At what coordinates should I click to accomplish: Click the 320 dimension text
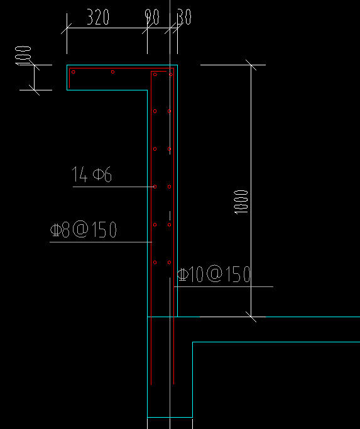click(x=98, y=17)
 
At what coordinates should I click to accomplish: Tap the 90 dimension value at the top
click(x=152, y=17)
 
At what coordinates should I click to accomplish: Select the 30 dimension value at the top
click(x=184, y=17)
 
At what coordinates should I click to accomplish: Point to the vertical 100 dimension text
click(x=23, y=55)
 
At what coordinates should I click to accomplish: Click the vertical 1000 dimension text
click(x=241, y=202)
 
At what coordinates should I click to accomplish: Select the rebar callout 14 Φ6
click(x=92, y=174)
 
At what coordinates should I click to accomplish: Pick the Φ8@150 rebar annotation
click(x=84, y=229)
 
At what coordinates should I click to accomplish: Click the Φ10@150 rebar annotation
click(x=214, y=274)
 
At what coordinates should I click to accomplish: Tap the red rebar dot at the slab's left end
click(x=74, y=72)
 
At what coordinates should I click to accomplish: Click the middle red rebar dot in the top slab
click(x=112, y=72)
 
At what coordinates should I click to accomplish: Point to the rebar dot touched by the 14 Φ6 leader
click(x=155, y=187)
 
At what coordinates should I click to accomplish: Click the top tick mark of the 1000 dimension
click(x=251, y=65)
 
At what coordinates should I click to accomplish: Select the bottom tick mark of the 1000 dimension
click(x=251, y=317)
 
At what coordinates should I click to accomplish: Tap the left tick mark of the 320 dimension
click(x=67, y=28)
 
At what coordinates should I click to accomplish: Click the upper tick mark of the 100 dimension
click(x=34, y=65)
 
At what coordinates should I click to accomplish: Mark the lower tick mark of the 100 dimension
click(x=34, y=90)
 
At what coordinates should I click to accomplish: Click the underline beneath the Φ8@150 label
click(x=101, y=242)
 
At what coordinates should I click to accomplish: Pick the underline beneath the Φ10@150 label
click(x=224, y=286)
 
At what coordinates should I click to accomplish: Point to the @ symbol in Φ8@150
click(x=80, y=229)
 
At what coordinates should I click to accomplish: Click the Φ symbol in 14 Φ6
click(x=98, y=174)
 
